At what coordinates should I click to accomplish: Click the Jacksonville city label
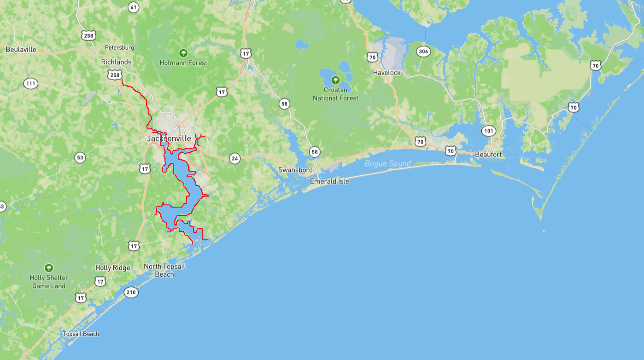pos(169,138)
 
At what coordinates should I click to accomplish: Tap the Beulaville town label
pos(21,50)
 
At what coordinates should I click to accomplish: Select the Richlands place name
pos(116,62)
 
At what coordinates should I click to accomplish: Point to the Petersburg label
pos(119,47)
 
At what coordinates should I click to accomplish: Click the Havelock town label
pos(386,73)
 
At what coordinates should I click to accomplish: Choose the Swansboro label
pos(295,170)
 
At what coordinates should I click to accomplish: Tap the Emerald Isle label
pos(329,181)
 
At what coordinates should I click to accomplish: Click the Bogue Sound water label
pos(387,163)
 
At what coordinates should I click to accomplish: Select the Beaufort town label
pos(488,155)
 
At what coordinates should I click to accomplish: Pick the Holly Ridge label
pos(113,267)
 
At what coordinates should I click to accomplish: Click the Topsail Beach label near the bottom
pos(81,334)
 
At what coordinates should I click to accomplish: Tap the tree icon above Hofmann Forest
pos(183,53)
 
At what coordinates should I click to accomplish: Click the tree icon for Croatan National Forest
pos(335,80)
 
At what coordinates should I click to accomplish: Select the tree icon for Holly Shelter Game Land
pos(48,268)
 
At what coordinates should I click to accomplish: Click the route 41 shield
pos(134,7)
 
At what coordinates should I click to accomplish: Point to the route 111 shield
pos(31,84)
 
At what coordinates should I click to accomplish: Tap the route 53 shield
pos(80,158)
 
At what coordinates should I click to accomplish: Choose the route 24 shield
pos(235,159)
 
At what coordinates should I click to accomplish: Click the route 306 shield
pos(423,52)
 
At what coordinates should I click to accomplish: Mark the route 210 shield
pos(131,292)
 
